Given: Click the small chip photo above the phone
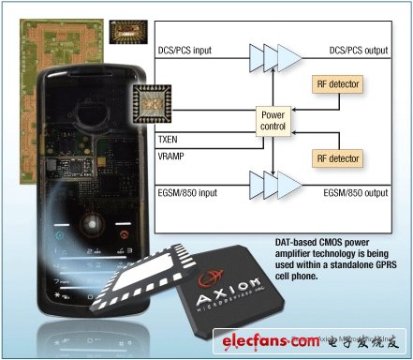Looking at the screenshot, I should pyautogui.click(x=126, y=32).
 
